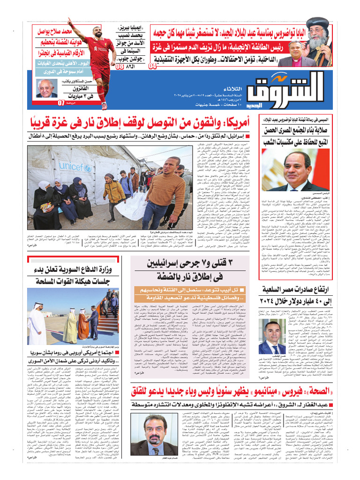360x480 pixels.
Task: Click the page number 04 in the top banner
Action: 153,66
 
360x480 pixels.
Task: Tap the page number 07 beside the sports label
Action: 61,103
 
